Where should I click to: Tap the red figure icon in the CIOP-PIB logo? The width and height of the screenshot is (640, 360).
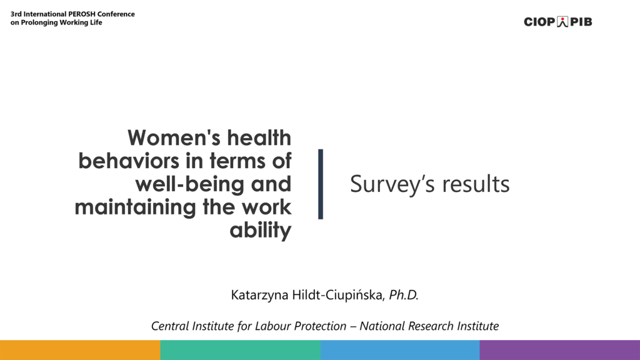562,22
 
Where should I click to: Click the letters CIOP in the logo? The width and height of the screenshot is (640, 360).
539,22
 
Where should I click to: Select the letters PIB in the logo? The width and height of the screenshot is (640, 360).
581,22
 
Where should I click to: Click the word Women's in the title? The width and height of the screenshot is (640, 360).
175,137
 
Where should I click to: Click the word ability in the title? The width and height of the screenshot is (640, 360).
261,230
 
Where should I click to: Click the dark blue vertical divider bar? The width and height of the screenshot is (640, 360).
321,184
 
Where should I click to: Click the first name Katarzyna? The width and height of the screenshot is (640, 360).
259,295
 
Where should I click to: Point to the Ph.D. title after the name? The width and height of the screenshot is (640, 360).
404,295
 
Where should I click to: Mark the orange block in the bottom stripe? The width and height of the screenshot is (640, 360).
80,350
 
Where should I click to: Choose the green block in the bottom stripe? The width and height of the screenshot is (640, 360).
241,350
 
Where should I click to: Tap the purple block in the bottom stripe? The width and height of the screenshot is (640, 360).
559,350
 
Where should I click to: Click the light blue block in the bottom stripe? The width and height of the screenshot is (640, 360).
400,350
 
